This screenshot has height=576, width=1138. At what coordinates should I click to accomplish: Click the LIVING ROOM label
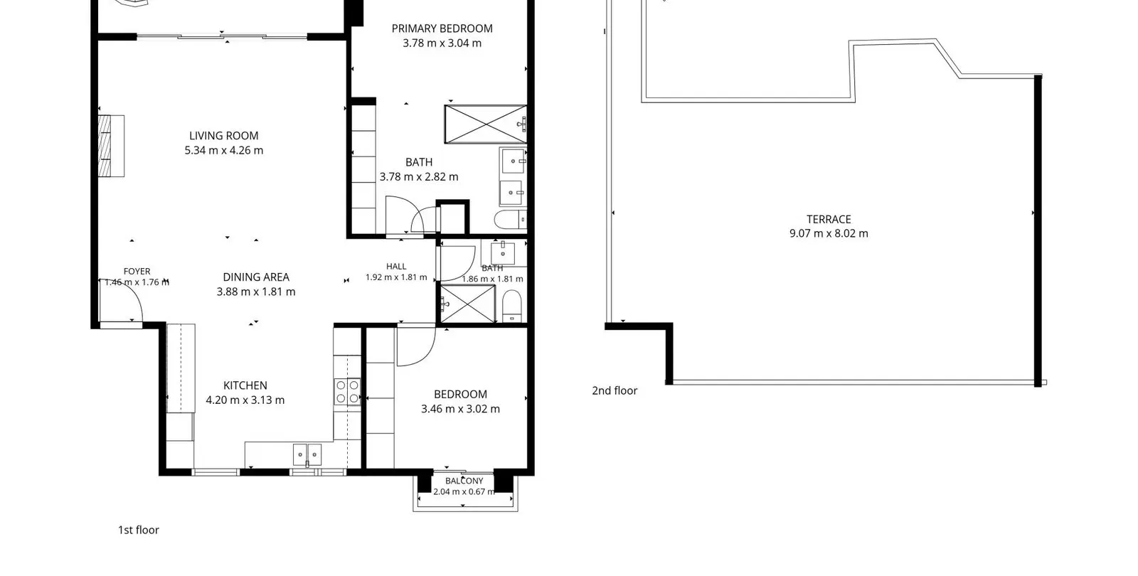tap(223, 136)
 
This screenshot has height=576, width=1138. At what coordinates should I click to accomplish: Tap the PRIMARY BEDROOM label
tap(442, 28)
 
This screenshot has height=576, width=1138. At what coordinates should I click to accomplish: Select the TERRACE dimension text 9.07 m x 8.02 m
tap(829, 234)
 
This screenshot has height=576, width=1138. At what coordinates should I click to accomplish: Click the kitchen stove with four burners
tap(348, 392)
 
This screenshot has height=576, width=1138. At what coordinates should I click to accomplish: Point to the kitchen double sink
tap(307, 454)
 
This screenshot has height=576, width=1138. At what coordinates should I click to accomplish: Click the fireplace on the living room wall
tap(111, 146)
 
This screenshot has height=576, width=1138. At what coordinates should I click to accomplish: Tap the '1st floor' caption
tap(139, 530)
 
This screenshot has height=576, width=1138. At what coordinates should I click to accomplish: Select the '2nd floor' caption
tap(615, 390)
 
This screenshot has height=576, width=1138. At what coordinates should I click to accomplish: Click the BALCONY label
tap(464, 481)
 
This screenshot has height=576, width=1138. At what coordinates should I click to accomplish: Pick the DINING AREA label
tap(256, 277)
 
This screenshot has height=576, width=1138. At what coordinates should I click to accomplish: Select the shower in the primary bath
tap(486, 124)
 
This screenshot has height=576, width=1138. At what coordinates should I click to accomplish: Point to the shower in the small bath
tap(467, 304)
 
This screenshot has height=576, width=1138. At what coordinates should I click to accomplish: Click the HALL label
tap(396, 266)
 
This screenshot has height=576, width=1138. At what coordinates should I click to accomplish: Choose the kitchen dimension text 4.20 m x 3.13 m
tap(245, 400)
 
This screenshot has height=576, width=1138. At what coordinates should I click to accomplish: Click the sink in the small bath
tap(503, 252)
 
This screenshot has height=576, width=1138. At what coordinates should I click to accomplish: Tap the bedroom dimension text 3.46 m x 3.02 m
tap(460, 409)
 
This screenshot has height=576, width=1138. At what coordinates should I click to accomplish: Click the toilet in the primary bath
tap(511, 220)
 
